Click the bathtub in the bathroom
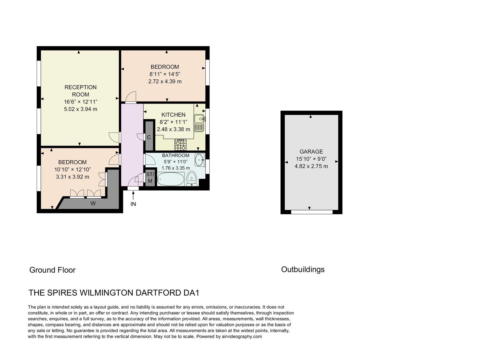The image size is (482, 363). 171,179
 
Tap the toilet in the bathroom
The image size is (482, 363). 192,177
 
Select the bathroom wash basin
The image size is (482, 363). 199,159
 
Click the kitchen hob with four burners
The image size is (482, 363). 180,145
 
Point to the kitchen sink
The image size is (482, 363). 199,123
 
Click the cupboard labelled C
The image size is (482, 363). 149,137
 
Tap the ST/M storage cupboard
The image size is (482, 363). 150,178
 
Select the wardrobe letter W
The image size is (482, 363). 93,203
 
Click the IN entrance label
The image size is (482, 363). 133,204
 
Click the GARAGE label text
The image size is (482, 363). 311,152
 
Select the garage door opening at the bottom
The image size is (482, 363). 312,212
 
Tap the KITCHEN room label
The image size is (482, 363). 173,115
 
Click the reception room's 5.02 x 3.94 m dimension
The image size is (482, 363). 81,109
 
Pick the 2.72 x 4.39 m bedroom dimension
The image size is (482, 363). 165,81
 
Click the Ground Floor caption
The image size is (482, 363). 52,270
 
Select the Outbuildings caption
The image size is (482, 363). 303,269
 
